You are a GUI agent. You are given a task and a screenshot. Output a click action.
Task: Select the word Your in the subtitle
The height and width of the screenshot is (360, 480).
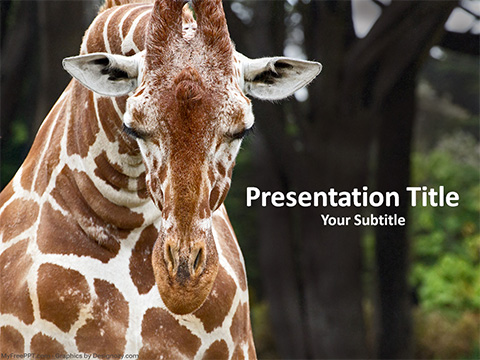(335, 220)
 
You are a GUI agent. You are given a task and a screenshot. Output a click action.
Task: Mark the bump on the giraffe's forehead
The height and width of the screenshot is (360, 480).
(189, 90)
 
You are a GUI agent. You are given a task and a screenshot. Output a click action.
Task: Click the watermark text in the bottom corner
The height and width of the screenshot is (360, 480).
(70, 355)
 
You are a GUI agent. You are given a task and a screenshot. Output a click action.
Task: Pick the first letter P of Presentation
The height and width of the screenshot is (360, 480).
(253, 197)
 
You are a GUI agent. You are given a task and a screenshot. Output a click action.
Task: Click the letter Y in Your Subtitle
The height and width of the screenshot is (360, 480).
(325, 220)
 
